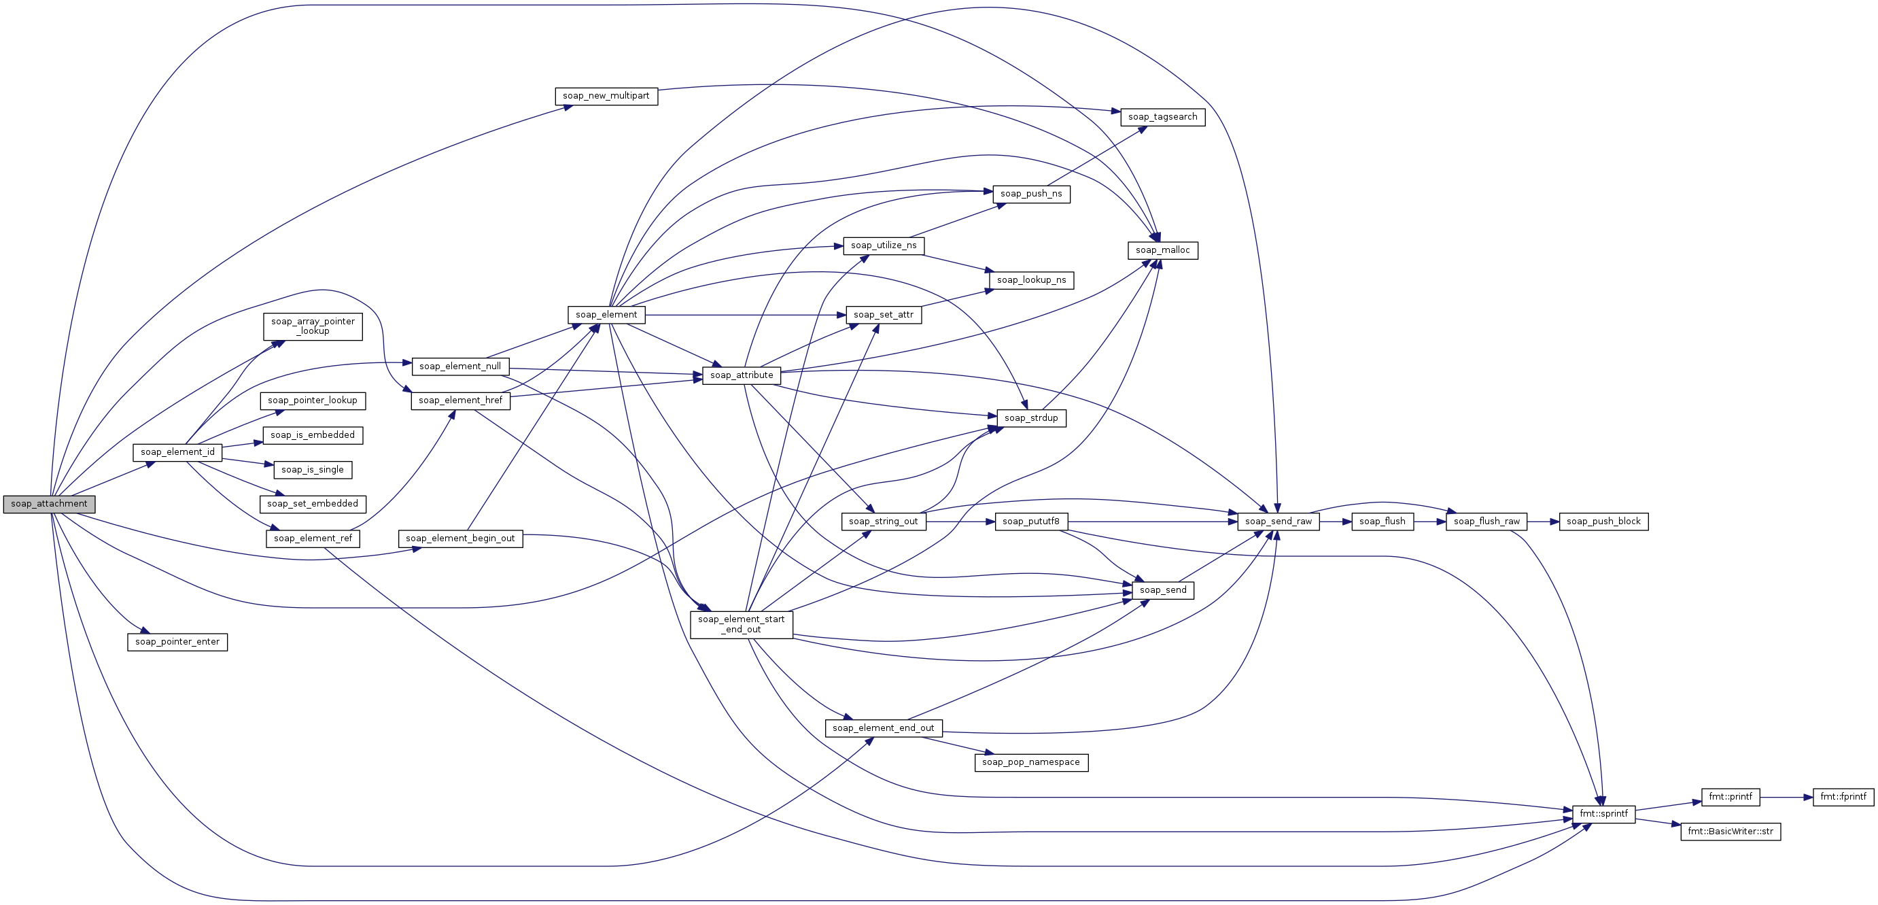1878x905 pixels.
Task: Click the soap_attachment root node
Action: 49,504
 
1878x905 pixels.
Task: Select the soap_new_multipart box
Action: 606,97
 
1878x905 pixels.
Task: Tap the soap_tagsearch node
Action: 1162,117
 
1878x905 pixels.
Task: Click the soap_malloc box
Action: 1162,250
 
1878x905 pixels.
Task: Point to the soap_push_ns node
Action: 1031,194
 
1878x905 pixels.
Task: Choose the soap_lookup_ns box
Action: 1031,280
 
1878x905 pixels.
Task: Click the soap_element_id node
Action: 177,452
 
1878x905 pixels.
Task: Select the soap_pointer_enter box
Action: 177,642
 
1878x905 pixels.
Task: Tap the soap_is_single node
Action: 312,470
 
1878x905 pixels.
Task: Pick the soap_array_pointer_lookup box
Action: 312,326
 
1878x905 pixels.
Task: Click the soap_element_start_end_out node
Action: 741,624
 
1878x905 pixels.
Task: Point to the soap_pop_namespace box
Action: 1031,762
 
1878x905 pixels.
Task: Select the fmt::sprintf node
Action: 1603,814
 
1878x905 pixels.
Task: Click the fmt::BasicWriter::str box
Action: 1730,832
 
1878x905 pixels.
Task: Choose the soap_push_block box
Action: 1603,522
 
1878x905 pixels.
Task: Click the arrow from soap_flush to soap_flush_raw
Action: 1429,522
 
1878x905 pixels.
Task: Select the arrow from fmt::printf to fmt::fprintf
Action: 1786,797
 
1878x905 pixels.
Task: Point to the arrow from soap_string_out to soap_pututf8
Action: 960,522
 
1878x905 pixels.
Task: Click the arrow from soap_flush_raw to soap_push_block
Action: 1543,522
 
